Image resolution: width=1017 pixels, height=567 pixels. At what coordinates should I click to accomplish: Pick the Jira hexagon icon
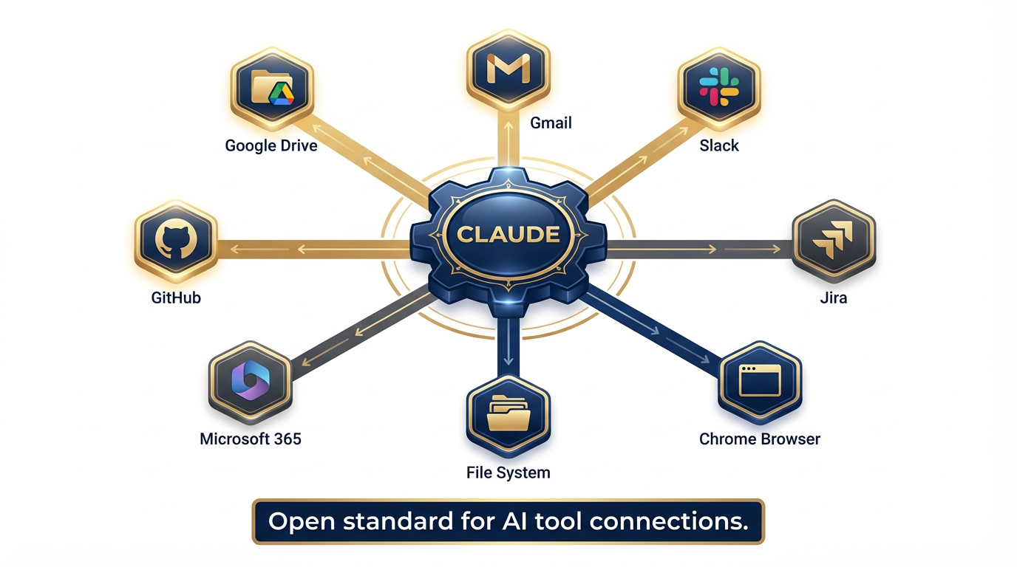[x=833, y=241]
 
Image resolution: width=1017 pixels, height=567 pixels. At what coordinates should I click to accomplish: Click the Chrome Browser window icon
[x=760, y=381]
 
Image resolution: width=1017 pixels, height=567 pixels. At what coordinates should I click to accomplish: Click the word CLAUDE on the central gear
[x=508, y=235]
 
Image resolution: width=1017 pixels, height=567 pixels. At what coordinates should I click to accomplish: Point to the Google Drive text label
[x=271, y=145]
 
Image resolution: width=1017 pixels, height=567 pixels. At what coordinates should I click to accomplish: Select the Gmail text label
[x=551, y=123]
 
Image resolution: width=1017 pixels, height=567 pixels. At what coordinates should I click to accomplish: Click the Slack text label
[x=719, y=145]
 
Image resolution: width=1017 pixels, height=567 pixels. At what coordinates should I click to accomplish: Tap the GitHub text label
[x=175, y=298]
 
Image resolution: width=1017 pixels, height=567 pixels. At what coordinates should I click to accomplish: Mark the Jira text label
[x=833, y=298]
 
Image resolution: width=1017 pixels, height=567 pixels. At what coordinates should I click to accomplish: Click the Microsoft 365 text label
[x=251, y=439]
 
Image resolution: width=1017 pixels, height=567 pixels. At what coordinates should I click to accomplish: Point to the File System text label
[x=508, y=472]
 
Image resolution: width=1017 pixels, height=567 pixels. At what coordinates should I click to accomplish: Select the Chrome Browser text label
[x=760, y=439]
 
